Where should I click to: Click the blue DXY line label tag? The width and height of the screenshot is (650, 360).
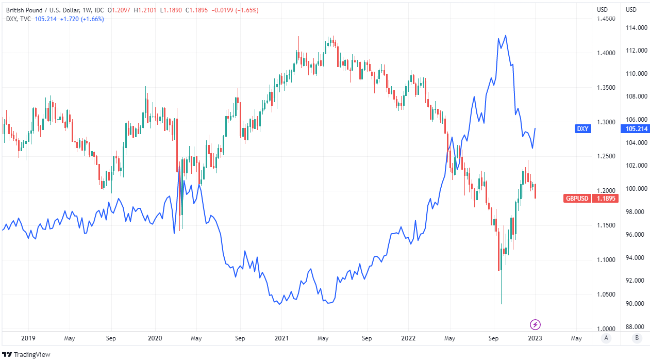point(583,128)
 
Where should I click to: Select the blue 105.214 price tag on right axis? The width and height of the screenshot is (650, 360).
point(637,128)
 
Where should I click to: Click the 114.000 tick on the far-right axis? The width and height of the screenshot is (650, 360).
point(637,28)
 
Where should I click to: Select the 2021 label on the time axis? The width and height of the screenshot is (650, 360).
point(281,338)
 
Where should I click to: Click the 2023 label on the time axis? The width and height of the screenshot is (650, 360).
point(535,338)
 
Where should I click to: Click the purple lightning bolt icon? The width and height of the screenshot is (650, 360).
point(536,324)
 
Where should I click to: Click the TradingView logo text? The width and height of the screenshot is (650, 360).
point(29,354)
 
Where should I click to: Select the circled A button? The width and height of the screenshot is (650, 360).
point(606,339)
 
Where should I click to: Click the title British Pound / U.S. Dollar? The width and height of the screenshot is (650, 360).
point(39,10)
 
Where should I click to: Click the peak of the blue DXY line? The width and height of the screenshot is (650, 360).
point(506,36)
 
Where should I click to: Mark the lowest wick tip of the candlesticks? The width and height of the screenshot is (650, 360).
point(501,304)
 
